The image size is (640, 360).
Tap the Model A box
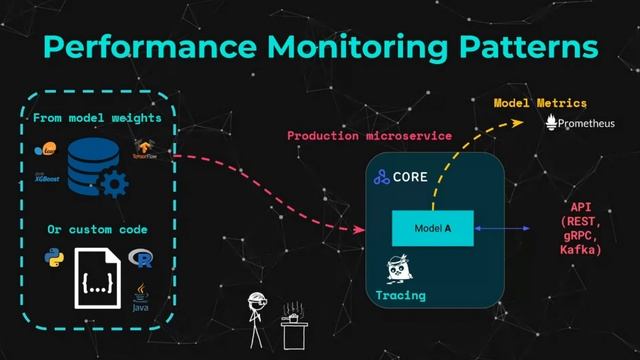tap(433, 229)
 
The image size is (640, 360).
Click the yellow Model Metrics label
tap(540, 103)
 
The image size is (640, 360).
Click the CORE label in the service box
tap(410, 177)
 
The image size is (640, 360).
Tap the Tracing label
tap(401, 295)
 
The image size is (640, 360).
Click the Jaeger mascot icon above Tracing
tap(400, 271)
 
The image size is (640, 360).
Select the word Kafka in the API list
tap(581, 249)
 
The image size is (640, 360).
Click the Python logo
tap(55, 259)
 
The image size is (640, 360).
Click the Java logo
tap(142, 296)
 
